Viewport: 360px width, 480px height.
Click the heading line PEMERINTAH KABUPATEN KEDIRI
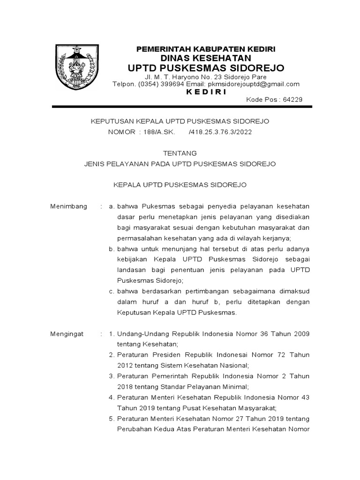[x=206, y=49]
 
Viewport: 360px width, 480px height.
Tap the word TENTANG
[x=180, y=153]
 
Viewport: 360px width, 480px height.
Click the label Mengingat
[x=67, y=334]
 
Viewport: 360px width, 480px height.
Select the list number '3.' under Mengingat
[x=111, y=376]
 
